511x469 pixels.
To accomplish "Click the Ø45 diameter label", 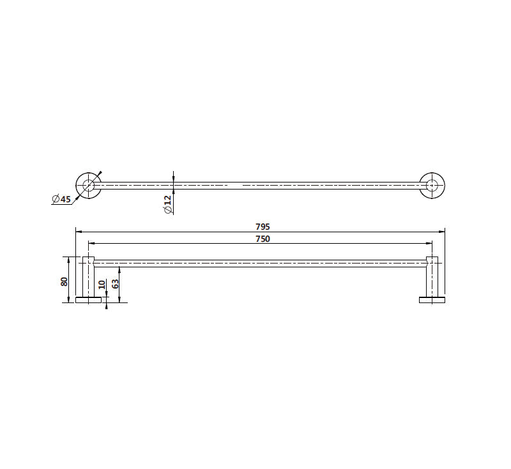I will click(x=61, y=199).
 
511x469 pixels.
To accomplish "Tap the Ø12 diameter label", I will click(x=167, y=204).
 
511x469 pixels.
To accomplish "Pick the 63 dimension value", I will click(x=115, y=284).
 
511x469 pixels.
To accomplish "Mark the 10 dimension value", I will click(x=102, y=285).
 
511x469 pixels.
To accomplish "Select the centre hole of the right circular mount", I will click(x=432, y=185).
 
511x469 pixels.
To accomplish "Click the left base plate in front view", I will click(x=88, y=300).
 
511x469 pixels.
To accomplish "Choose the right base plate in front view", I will click(x=432, y=300).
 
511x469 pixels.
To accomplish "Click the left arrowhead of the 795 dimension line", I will click(x=79, y=232).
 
